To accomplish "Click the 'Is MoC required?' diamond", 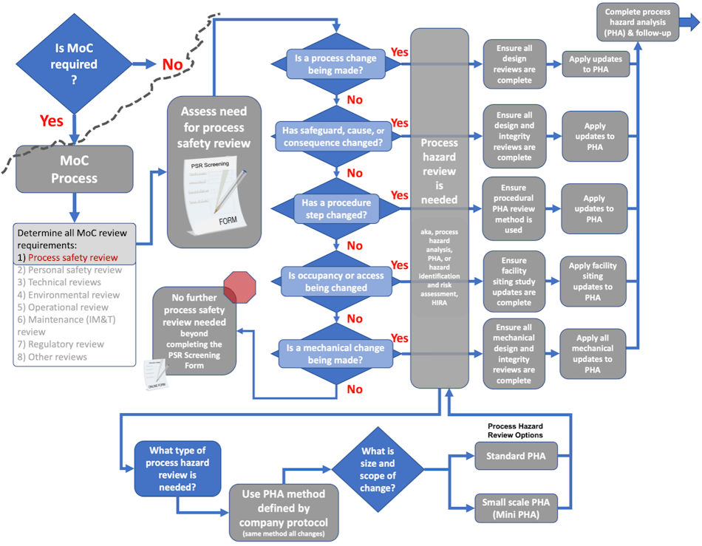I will click(x=73, y=64).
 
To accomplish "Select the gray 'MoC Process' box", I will click(x=74, y=169).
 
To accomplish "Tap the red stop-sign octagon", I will click(x=239, y=287).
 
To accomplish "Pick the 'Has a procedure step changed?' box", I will click(x=336, y=209).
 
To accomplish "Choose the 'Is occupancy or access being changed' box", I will click(x=336, y=281).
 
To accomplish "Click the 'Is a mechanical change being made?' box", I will click(x=336, y=354).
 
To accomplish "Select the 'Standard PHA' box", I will click(x=515, y=457).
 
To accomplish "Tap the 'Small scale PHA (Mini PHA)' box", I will click(x=515, y=508).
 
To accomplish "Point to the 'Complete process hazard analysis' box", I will click(x=638, y=22).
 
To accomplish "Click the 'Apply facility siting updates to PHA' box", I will click(x=593, y=281).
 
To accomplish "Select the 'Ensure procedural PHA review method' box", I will click(x=513, y=209).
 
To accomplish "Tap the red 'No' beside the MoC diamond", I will click(x=172, y=65).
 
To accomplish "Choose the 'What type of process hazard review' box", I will click(x=177, y=468).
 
